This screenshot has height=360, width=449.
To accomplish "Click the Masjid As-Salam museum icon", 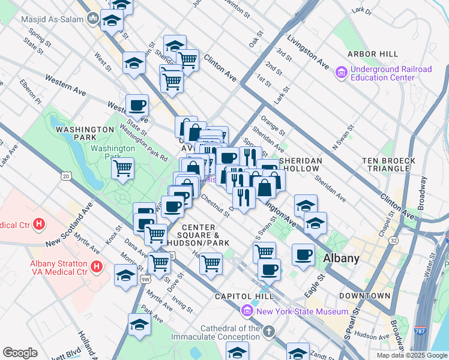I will tap(93, 19).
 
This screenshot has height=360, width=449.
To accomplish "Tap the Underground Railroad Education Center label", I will tap(383, 73).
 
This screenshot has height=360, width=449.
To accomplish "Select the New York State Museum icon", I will tap(246, 311).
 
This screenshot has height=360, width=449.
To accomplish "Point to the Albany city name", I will tap(341, 259).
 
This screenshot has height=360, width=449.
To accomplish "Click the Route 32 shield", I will tap(393, 240).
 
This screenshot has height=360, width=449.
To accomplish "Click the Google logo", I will tap(20, 353).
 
